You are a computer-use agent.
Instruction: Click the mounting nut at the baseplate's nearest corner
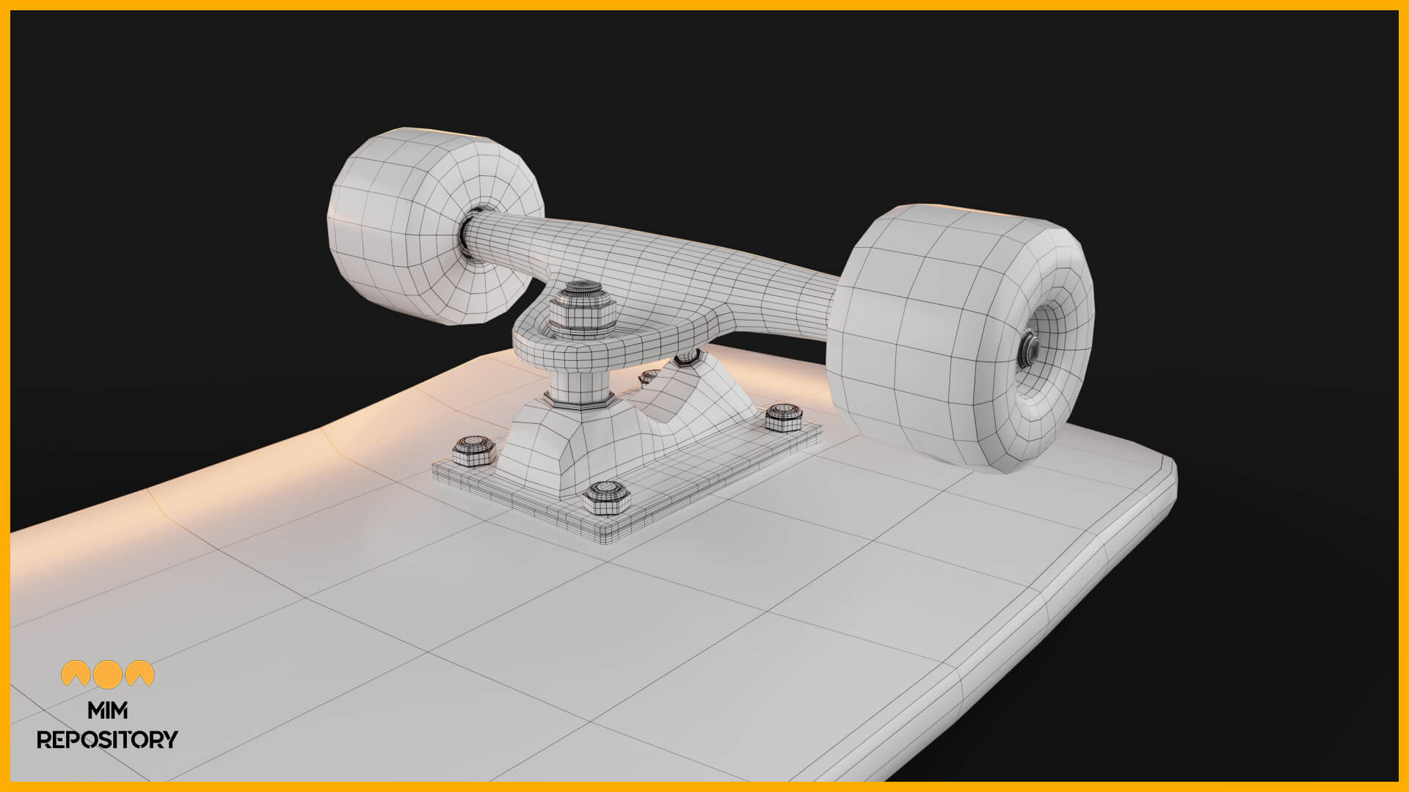click(x=606, y=496)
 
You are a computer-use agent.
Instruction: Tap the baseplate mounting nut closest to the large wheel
click(x=783, y=416)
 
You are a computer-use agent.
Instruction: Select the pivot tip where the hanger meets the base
click(x=687, y=357)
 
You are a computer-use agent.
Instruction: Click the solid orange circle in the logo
click(x=108, y=674)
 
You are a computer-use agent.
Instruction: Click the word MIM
click(x=107, y=711)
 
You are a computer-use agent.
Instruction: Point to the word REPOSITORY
click(x=107, y=739)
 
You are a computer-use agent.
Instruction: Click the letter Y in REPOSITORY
click(x=170, y=739)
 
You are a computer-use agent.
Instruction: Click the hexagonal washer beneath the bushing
click(x=579, y=403)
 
